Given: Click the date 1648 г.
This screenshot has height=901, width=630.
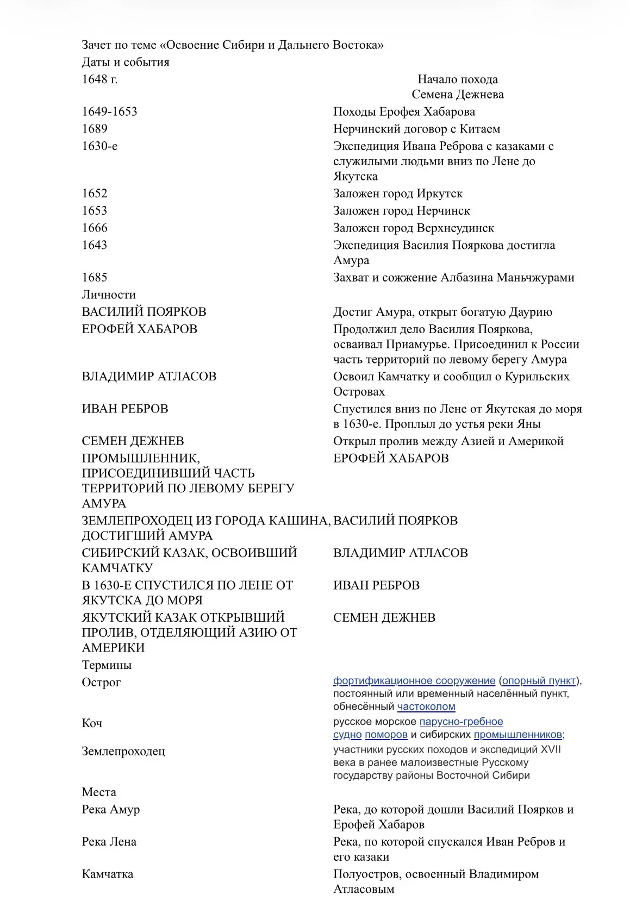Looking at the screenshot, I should point(99,79).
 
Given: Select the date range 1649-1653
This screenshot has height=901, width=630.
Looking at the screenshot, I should point(109,112).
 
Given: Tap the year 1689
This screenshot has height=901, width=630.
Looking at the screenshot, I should point(95,129).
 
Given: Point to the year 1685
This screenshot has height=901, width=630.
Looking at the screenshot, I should point(95,278).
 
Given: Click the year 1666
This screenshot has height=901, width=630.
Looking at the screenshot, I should point(95,228).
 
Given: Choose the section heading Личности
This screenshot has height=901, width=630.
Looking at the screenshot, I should point(109,295).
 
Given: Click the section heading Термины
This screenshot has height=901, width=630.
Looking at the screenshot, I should point(107,665).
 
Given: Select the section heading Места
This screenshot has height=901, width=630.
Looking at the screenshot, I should point(99,792).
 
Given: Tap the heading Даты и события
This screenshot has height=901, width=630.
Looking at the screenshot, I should point(126,62).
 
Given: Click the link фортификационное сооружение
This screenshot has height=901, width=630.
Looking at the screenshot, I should point(414,681).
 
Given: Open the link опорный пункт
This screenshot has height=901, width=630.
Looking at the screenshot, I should point(539,681).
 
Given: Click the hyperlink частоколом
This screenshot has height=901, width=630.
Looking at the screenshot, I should point(426,707).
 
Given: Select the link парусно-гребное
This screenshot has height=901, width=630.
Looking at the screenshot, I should point(461,722).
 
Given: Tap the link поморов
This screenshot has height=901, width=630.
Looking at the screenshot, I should point(386,735).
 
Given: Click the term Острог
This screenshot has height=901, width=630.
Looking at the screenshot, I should point(101,683).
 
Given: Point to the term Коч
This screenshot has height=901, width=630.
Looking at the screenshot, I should point(92,723).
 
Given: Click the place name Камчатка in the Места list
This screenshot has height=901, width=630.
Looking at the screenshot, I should point(108,874).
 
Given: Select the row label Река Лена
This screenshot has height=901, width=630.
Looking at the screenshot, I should point(109,842).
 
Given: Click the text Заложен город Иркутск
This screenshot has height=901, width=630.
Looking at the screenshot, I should point(398,194).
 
